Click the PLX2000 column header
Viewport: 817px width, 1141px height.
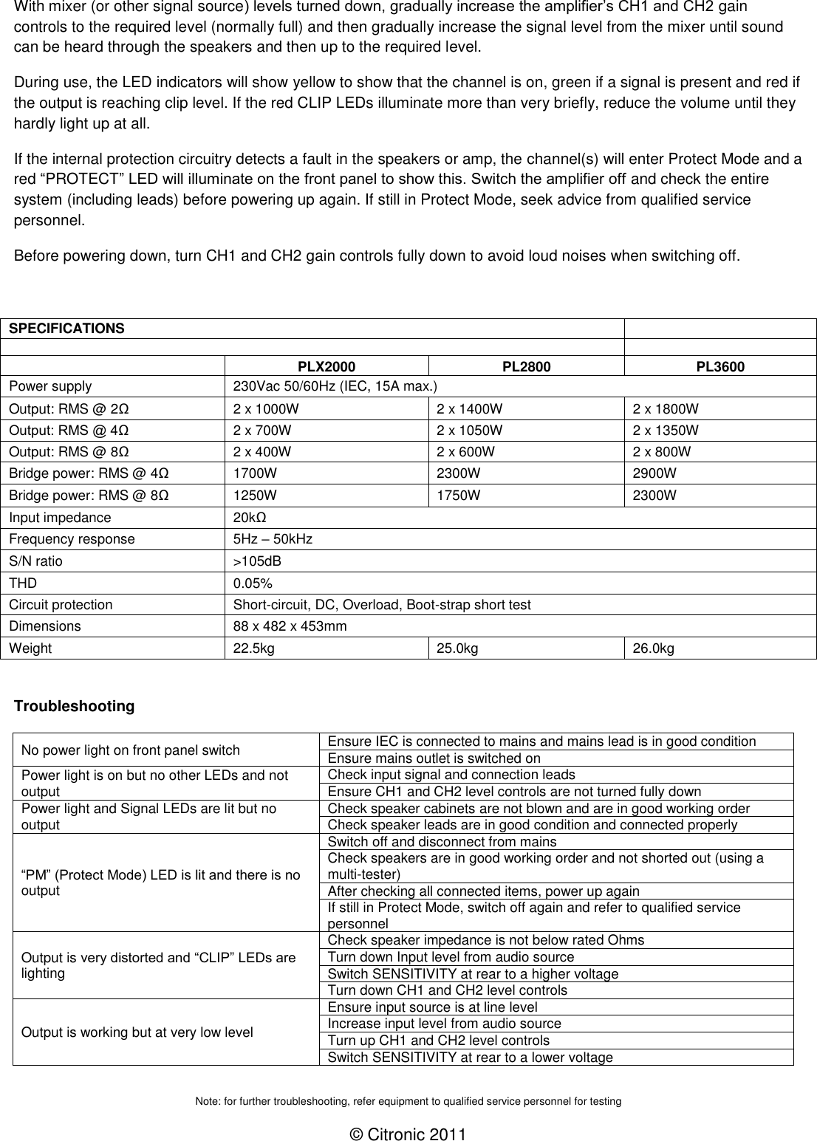[x=326, y=367]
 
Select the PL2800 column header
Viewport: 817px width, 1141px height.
[x=526, y=367]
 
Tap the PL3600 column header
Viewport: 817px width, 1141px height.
[x=720, y=367]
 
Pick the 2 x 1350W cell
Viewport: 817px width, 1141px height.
[x=665, y=431]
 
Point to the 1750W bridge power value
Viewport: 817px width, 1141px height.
[x=458, y=496]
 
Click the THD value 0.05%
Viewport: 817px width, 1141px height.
[x=253, y=583]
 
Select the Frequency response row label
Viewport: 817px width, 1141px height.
[x=72, y=539]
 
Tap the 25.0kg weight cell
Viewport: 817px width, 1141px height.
[x=457, y=648]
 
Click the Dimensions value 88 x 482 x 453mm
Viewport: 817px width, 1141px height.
[x=290, y=626]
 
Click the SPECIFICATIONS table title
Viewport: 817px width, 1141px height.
[x=66, y=329]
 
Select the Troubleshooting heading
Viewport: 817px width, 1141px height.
[x=74, y=706]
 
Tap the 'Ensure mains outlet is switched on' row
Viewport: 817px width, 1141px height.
[x=434, y=758]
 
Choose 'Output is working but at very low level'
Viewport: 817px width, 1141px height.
[x=137, y=1032]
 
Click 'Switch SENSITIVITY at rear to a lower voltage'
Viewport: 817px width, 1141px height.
[x=470, y=1058]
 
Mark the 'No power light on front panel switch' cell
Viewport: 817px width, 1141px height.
[x=130, y=750]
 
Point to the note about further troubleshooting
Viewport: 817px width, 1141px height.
[x=408, y=1101]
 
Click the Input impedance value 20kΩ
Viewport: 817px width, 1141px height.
[x=250, y=518]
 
